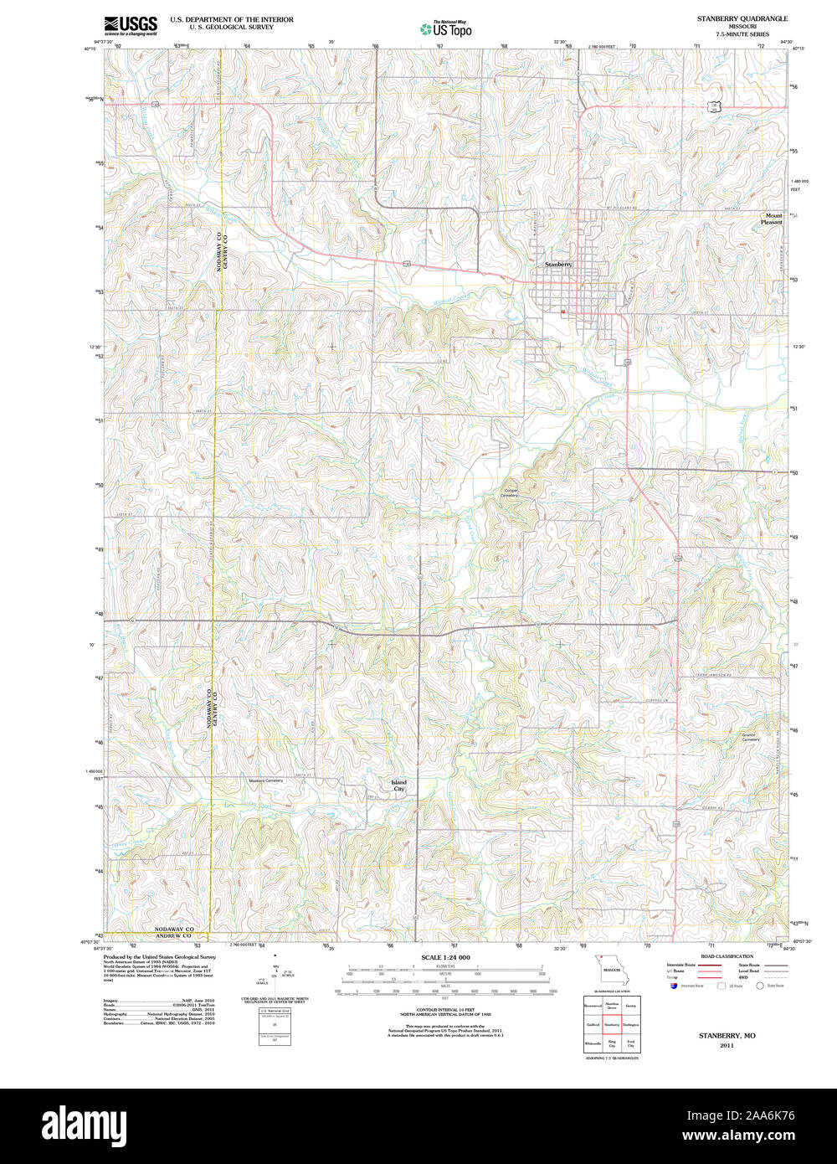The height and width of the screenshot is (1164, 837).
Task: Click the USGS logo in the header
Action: [130, 24]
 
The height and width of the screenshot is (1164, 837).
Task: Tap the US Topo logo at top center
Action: [445, 28]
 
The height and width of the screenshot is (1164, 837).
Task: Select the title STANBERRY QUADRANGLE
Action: [742, 18]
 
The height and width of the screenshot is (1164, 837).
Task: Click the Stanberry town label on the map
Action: [558, 264]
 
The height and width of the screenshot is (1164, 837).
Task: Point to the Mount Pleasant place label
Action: [773, 219]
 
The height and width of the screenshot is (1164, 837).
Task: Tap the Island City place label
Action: [398, 785]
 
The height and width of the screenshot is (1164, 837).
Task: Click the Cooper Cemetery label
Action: [511, 493]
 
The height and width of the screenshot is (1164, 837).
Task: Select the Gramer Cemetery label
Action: [750, 737]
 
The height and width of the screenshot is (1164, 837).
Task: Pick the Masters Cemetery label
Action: [266, 780]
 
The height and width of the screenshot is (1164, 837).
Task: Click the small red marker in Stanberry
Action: [563, 312]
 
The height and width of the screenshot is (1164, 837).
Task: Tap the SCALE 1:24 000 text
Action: [445, 957]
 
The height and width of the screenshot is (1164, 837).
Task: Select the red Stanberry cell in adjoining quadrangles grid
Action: [612, 1023]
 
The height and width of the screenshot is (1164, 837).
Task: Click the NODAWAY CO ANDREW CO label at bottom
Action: [173, 933]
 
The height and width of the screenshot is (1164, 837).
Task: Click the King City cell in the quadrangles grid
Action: [612, 1043]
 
